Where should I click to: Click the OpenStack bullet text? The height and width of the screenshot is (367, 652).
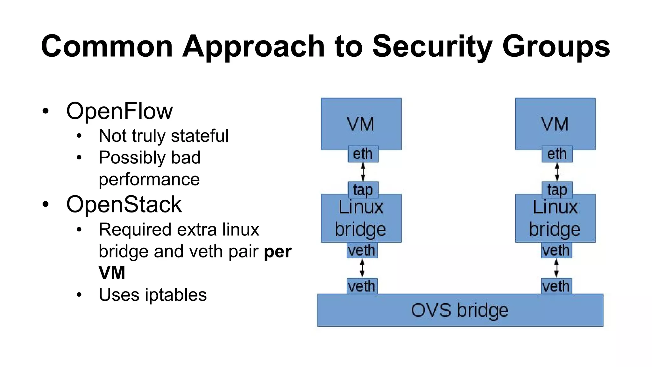point(124,205)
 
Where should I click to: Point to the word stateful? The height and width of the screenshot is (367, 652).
point(200,136)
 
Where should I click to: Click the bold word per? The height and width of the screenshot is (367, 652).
point(278,252)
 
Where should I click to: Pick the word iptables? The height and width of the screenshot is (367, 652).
point(176,295)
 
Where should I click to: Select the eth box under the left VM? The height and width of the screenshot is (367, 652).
point(363,154)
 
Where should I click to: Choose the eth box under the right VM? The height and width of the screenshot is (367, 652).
point(557,154)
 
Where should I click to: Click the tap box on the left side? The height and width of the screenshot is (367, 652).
point(363,190)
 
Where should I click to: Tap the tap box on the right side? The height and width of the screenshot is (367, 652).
point(557,190)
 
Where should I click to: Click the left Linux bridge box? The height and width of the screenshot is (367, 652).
point(361,219)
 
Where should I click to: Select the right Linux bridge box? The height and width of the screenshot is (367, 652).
point(555,219)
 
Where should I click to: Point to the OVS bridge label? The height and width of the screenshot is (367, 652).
point(459,310)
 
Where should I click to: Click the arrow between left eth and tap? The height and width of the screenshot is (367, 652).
point(363,172)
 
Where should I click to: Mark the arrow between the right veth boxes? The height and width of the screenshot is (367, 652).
point(556,268)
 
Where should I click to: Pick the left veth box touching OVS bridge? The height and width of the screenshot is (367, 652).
point(362,286)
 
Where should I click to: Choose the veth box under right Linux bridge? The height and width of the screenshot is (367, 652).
point(556,250)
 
